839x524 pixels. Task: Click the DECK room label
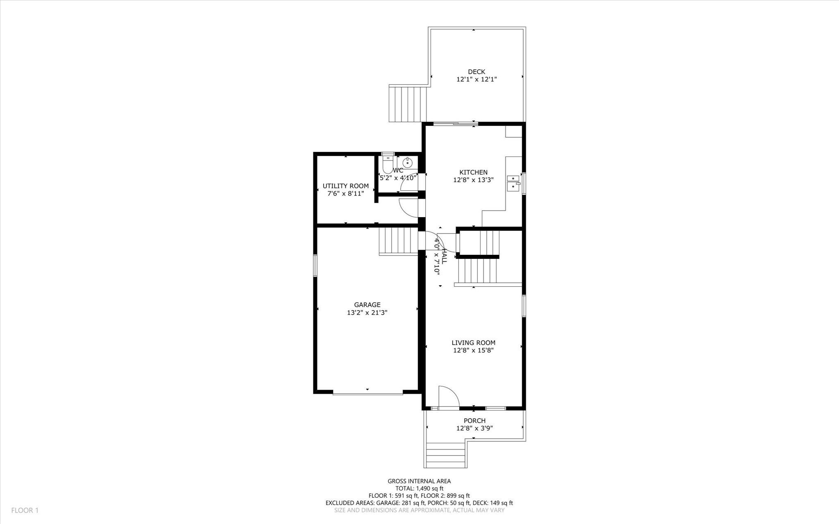pos(476,72)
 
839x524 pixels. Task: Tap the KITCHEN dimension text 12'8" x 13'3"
pos(473,180)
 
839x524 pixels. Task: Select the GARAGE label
pos(367,304)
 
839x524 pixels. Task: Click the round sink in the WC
pos(408,162)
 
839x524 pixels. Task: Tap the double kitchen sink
pos(512,183)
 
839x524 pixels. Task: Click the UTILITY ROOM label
pos(345,186)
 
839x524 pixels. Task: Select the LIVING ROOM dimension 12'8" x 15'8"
pos(473,350)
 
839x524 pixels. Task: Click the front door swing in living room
pos(448,397)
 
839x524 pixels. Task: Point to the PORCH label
pos(474,421)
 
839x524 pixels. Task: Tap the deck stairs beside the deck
pos(408,104)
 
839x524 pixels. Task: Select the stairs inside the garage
pos(398,241)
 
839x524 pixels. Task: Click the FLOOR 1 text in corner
pos(25,510)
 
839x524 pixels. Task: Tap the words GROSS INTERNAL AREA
pos(419,481)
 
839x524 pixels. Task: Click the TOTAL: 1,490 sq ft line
pos(419,488)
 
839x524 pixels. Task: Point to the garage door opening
pos(367,394)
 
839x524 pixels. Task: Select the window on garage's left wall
pos(315,265)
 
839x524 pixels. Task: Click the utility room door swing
pos(408,207)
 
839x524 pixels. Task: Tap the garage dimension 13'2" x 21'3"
pos(367,313)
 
